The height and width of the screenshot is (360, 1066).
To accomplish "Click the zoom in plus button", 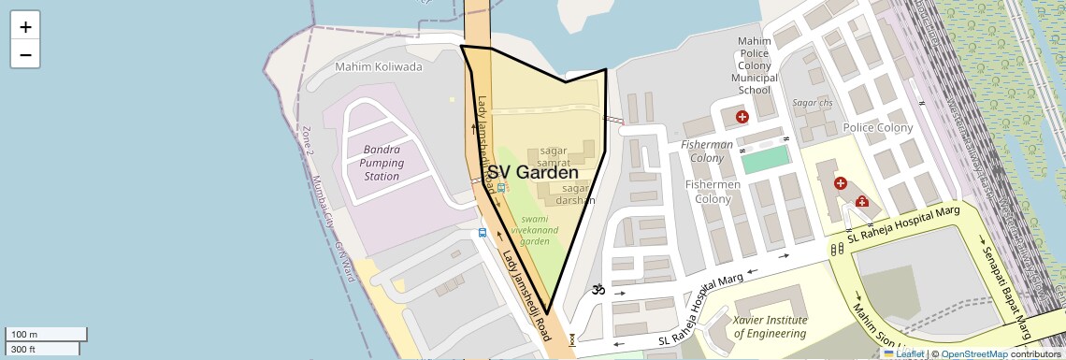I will [x=25, y=27].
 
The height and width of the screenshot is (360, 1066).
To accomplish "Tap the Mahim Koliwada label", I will [x=379, y=67].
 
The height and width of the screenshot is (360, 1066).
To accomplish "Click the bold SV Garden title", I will [x=532, y=173].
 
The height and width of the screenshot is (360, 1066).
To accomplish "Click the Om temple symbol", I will [x=598, y=291].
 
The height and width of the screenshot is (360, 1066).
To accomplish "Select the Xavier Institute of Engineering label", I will [x=770, y=326].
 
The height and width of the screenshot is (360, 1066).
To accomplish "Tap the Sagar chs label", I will [x=812, y=102].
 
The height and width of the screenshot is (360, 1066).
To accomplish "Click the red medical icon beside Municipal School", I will [x=742, y=117].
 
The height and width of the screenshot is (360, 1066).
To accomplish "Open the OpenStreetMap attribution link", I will [x=974, y=353].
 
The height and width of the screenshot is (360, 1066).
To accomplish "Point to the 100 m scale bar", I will [x=46, y=335].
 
